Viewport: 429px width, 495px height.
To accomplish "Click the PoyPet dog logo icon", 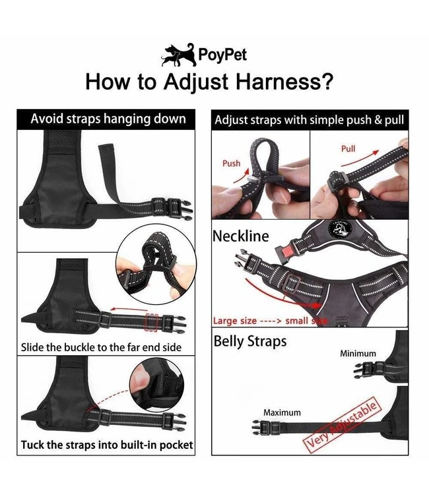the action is (x=178, y=55).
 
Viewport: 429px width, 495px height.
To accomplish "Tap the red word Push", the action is (x=231, y=163).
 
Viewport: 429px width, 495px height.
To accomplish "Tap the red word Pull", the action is (x=348, y=148).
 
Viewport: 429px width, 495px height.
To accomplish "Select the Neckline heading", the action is (x=240, y=236).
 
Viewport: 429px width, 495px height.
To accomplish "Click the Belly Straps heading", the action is (x=250, y=342).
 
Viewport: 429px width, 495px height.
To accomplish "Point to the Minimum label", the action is (x=358, y=354).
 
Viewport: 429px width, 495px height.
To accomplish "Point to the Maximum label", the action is (x=282, y=412).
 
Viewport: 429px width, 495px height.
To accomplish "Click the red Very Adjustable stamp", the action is (x=341, y=425).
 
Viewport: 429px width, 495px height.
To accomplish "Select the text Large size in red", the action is (x=234, y=321).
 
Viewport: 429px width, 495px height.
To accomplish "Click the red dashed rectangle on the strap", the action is (x=151, y=323).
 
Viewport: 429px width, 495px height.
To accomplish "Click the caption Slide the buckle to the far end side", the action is (x=102, y=347).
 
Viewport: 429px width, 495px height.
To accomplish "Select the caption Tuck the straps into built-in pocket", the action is (x=107, y=445).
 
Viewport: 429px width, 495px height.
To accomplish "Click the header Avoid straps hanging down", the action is (x=108, y=119).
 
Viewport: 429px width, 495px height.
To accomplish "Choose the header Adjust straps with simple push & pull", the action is (x=310, y=120).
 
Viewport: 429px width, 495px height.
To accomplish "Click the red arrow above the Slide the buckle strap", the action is (x=129, y=308).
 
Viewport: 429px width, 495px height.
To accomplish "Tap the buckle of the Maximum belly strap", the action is (x=265, y=428).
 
